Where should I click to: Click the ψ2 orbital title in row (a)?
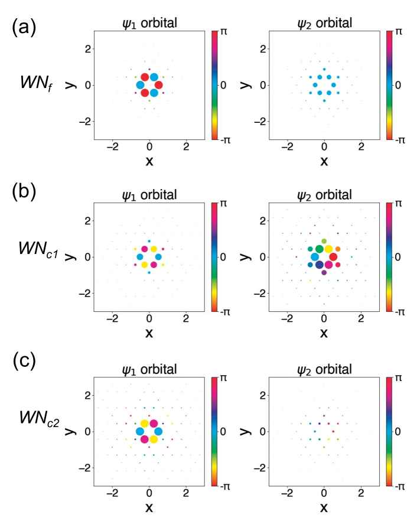click(x=324, y=23)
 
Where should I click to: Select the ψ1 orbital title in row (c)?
click(x=149, y=370)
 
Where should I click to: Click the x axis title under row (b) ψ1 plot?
click(x=149, y=333)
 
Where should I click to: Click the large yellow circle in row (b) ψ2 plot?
click(x=328, y=249)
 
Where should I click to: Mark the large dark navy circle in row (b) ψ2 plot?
click(x=320, y=265)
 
